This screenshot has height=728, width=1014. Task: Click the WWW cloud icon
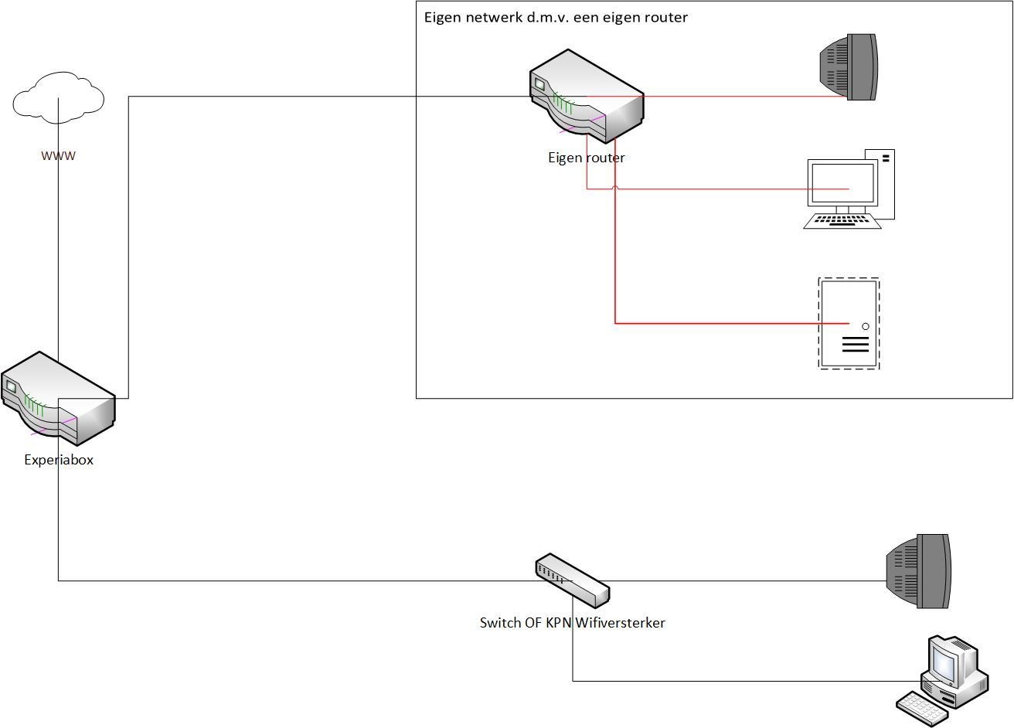click(x=59, y=97)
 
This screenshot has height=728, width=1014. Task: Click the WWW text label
click(x=59, y=155)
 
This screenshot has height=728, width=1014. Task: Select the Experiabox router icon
click(x=58, y=399)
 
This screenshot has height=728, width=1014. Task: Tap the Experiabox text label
click(x=59, y=460)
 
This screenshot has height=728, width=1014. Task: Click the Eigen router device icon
click(x=587, y=97)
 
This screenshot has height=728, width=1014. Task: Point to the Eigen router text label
click(x=587, y=158)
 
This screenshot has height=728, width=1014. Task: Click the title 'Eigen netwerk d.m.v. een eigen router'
click(x=556, y=17)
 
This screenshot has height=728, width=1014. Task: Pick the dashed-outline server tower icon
click(x=849, y=323)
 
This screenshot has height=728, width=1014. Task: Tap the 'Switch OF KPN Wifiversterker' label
click(x=572, y=623)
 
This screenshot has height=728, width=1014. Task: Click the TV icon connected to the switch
click(x=919, y=571)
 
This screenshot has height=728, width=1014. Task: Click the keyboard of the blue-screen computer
click(x=922, y=708)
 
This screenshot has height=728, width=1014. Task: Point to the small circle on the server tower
click(x=866, y=326)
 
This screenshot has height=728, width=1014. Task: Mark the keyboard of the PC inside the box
click(x=842, y=221)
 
